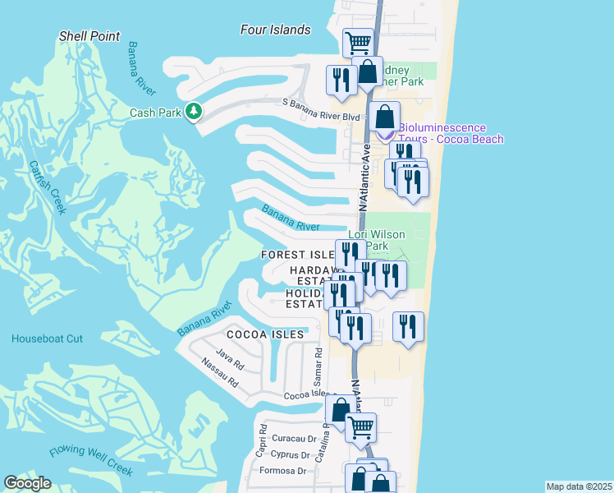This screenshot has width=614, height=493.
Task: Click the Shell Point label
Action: pyautogui.click(x=89, y=36)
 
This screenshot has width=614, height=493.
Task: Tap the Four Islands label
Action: pyautogui.click(x=276, y=30)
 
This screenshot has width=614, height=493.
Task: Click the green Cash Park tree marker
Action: pyautogui.click(x=194, y=111)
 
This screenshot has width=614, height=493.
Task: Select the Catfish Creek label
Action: pyautogui.click(x=47, y=187)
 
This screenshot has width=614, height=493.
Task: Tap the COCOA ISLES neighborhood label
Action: pyautogui.click(x=266, y=334)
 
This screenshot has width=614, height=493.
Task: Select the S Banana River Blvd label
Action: pyautogui.click(x=311, y=104)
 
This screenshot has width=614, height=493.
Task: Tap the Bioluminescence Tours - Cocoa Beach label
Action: pyautogui.click(x=451, y=133)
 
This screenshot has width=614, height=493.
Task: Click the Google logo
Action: pyautogui.click(x=27, y=483)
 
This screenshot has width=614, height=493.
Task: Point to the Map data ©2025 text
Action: pyautogui.click(x=579, y=486)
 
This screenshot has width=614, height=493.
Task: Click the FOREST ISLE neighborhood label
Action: pyautogui.click(x=297, y=255)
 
